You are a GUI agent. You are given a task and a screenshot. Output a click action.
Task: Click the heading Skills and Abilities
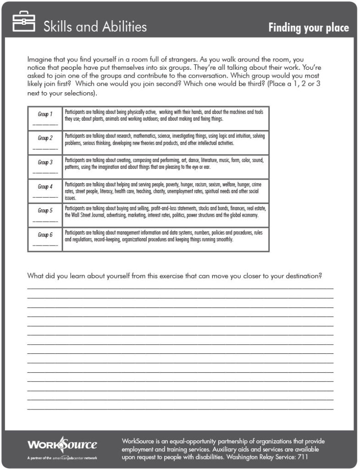pyautogui.click(x=95, y=27)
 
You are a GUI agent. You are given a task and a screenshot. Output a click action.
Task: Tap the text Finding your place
pyautogui.click(x=308, y=28)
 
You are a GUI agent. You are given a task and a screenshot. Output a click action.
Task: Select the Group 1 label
pyautogui.click(x=45, y=114)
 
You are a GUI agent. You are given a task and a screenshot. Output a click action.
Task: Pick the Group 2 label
pyautogui.click(x=45, y=138)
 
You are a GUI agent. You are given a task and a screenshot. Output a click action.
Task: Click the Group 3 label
pyautogui.click(x=45, y=162)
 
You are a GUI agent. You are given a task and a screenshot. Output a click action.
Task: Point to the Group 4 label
pyautogui.click(x=45, y=187)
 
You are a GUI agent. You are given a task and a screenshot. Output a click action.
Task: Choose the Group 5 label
pyautogui.click(x=45, y=211)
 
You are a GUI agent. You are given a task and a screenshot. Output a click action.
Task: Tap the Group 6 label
pyautogui.click(x=45, y=235)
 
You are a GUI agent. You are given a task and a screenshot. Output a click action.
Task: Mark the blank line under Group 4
pyautogui.click(x=45, y=197)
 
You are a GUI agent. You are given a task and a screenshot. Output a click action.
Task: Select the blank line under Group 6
pyautogui.click(x=45, y=246)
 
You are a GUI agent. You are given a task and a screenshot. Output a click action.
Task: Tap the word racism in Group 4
pyautogui.click(x=198, y=184)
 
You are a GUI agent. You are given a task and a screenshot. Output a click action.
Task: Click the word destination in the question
pyautogui.click(x=300, y=276)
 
